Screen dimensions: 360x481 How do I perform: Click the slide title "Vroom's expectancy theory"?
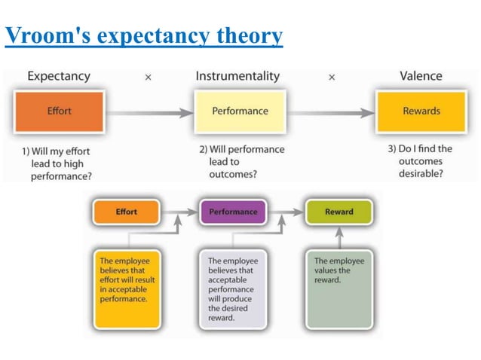pos(144,35)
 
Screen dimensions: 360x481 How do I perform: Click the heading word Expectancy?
pos(59,76)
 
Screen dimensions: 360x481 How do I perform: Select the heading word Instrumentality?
pos(237,76)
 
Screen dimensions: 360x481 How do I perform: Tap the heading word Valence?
pos(421,76)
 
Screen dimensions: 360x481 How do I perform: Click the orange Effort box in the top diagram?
pos(59,111)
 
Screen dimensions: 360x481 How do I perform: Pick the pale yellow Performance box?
pos(240,111)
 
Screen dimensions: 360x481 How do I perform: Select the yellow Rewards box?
pos(421,111)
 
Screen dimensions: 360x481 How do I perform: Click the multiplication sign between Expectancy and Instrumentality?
pos(148,77)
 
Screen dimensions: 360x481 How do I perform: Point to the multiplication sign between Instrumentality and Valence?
pos(332,77)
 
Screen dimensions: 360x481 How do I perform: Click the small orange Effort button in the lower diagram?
pos(126,212)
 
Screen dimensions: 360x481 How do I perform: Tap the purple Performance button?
pos(233,212)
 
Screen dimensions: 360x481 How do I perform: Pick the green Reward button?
pos(339,212)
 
